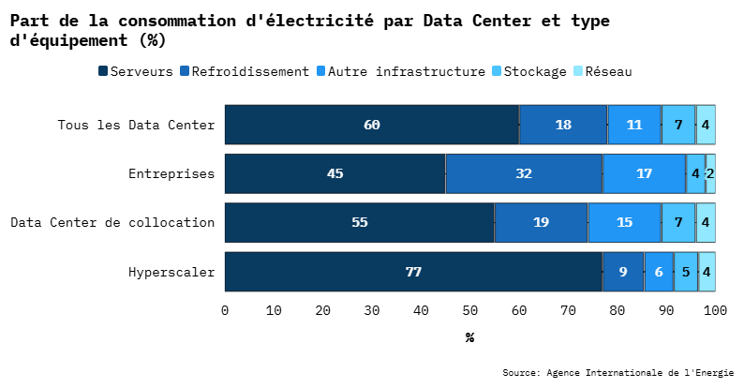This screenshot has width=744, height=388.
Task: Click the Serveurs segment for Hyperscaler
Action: pos(413,272)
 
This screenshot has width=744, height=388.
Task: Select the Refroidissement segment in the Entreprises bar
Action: pos(524,173)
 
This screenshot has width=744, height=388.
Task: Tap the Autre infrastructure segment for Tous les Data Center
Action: pos(634,125)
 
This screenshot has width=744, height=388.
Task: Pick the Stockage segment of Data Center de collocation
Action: pos(678,222)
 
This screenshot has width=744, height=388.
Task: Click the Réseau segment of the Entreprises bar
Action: pos(710,173)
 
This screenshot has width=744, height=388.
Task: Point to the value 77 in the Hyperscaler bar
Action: pos(413,272)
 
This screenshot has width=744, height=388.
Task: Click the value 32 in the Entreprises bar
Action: pos(524,173)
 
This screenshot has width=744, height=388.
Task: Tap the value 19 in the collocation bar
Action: pos(541,222)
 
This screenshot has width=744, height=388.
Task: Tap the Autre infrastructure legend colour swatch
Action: pos(320,71)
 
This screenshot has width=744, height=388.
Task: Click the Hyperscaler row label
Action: pos(171,273)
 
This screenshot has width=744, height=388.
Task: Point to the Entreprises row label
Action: pos(171,173)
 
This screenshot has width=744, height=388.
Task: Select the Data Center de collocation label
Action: pos(112,223)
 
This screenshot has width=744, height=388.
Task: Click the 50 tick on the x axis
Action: pos(469,310)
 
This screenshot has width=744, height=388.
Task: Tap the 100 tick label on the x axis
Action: pos(715,310)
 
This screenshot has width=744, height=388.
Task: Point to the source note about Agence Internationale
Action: pos(618,373)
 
